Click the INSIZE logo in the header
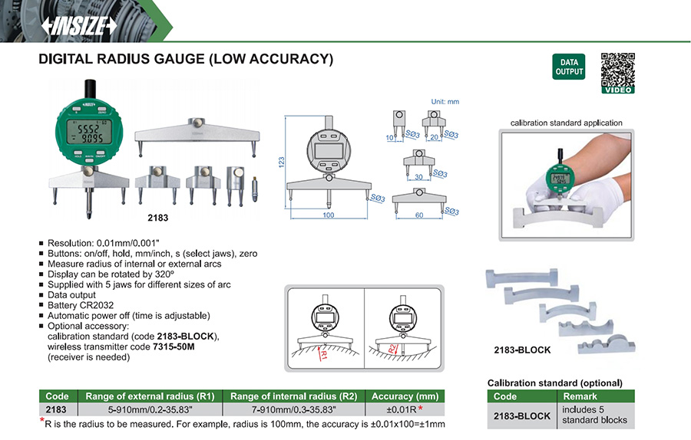[x=79, y=26]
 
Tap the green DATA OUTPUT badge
[x=569, y=67]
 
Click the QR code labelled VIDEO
[x=617, y=73]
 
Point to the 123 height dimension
[x=282, y=162]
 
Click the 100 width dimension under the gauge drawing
[x=329, y=215]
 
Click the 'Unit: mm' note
[x=445, y=101]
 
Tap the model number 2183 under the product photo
[x=157, y=218]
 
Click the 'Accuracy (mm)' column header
[x=405, y=396]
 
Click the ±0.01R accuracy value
[x=399, y=409]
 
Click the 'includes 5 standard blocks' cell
[x=596, y=415]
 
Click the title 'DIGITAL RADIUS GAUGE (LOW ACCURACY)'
[x=186, y=59]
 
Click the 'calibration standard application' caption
[x=567, y=123]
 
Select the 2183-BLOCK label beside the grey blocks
[x=522, y=350]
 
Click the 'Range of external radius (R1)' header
[x=150, y=396]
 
